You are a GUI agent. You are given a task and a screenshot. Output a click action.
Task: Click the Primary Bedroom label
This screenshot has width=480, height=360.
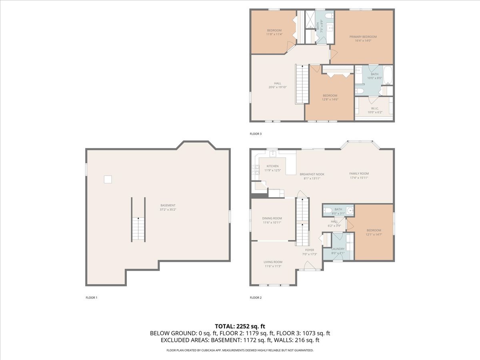click(363, 37)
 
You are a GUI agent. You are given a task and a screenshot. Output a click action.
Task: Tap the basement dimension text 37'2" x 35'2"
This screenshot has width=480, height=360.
click(168, 209)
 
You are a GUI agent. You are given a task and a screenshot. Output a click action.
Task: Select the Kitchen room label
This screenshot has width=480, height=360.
click(272, 166)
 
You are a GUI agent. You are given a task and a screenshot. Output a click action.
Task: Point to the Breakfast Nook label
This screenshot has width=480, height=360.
click(312, 174)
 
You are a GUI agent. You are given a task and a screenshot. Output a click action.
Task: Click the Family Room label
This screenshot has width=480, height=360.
click(359, 174)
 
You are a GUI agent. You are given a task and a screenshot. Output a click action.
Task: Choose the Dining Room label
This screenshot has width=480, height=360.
click(272, 218)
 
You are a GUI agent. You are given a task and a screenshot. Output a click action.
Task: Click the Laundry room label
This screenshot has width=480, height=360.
click(338, 249)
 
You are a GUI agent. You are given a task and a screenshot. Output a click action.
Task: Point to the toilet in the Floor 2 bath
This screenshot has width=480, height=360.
click(327, 210)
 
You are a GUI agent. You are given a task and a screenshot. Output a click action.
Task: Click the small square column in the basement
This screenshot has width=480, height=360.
click(108, 180)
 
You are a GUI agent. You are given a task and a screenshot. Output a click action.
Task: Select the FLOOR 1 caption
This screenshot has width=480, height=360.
click(92, 298)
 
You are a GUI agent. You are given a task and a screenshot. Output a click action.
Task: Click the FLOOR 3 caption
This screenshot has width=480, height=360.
click(256, 134)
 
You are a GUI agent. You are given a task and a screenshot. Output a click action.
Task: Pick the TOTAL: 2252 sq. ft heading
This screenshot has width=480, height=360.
click(240, 326)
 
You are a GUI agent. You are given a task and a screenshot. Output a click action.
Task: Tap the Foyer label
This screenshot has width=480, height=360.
click(310, 250)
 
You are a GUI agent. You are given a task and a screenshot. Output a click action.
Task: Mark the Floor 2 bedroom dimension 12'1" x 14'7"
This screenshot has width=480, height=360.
click(374, 234)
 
